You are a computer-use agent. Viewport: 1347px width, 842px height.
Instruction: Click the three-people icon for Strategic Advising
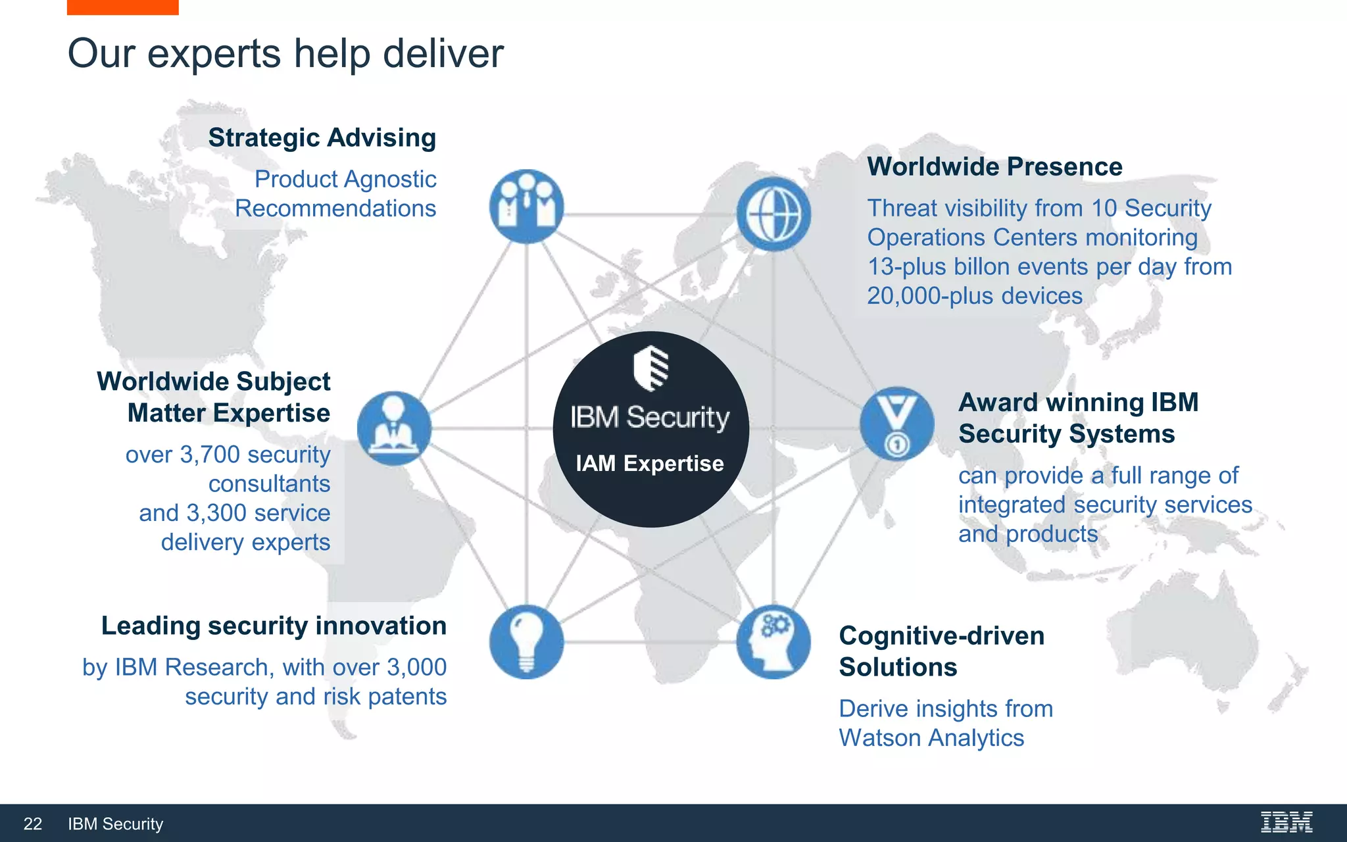(526, 206)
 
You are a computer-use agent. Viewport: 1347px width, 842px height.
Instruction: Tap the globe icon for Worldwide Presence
(773, 214)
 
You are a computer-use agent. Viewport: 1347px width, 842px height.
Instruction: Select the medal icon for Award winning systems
(896, 424)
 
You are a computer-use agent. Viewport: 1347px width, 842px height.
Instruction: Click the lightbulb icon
(526, 641)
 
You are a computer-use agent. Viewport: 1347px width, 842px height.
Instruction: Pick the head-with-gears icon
(773, 641)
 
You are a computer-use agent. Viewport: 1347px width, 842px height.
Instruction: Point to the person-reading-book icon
(394, 428)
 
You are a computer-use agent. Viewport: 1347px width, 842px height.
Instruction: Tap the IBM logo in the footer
(1286, 822)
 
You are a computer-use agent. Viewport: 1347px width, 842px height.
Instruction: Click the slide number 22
(33, 824)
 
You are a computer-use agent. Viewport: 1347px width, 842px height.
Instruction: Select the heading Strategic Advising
(322, 138)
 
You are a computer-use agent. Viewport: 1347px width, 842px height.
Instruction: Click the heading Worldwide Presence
(994, 166)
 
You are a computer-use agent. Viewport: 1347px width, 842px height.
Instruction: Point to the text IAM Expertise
(650, 463)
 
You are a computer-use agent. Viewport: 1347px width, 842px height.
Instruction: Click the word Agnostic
(395, 179)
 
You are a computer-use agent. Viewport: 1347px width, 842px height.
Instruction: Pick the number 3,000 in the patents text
(417, 667)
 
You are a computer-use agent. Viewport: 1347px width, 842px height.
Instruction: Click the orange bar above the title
(122, 7)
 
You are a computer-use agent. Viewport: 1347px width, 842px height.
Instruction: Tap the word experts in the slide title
(214, 54)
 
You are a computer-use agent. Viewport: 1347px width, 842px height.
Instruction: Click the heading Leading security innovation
(274, 626)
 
